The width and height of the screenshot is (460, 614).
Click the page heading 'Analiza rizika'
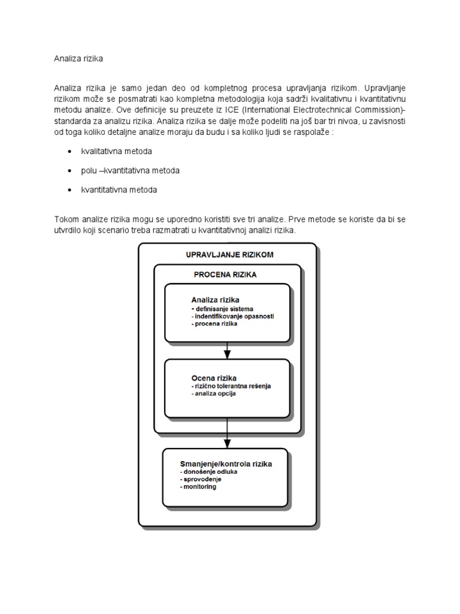[x=79, y=59]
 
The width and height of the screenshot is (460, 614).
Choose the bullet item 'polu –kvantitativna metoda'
[x=130, y=170]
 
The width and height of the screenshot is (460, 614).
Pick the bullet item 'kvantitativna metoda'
[x=119, y=190]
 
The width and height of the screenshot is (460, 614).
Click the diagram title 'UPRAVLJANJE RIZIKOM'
[x=229, y=254]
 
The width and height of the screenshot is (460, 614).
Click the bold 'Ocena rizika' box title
[x=213, y=378]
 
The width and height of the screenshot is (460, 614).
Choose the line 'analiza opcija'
[x=210, y=394]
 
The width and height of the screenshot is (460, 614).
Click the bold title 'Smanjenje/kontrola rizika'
[x=226, y=463]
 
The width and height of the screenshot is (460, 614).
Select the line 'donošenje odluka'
[x=209, y=472]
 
